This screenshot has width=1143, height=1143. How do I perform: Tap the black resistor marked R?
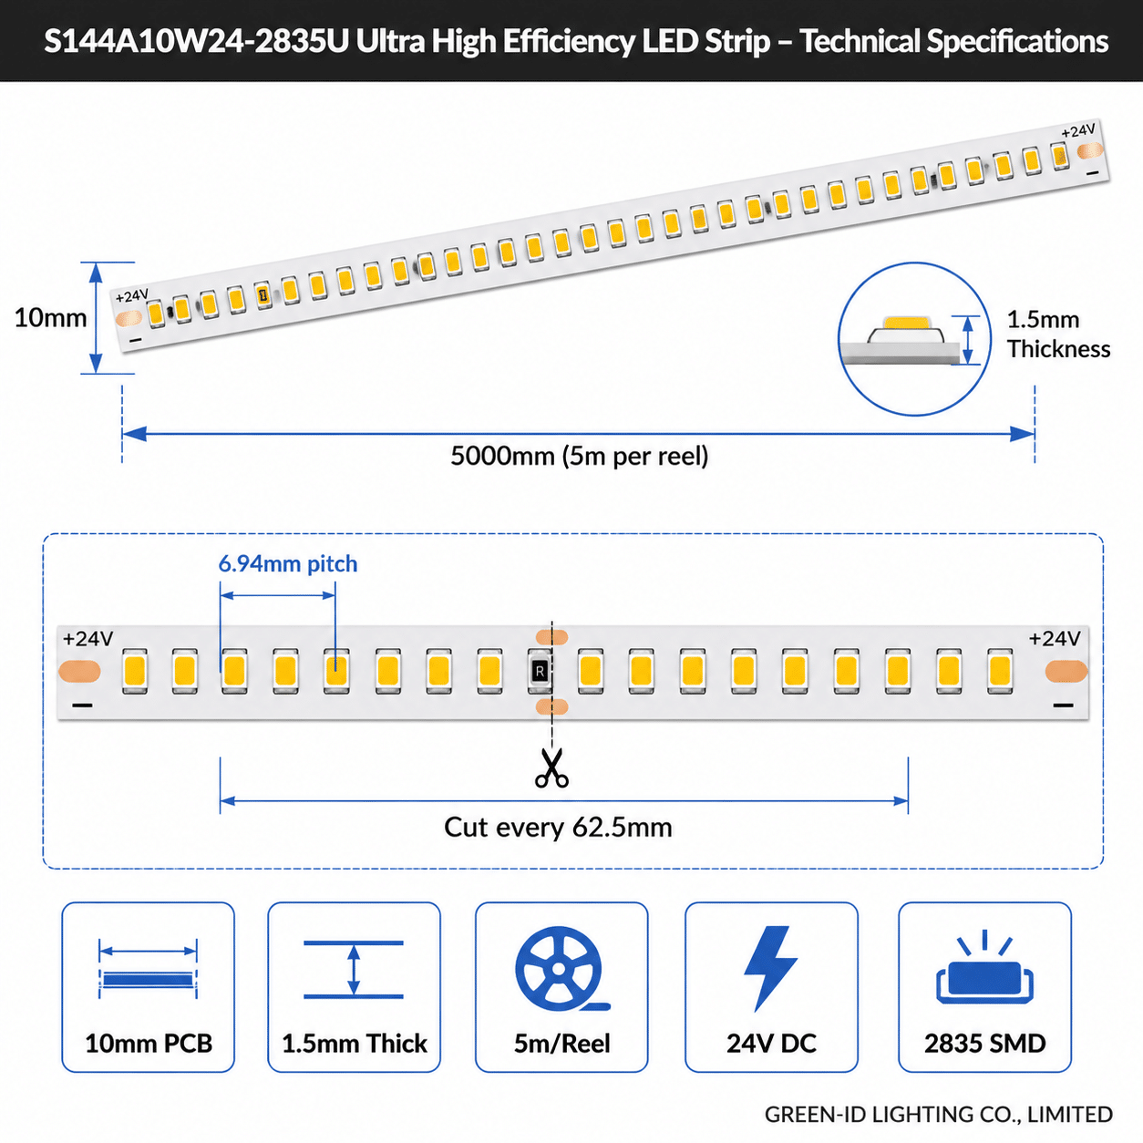pyautogui.click(x=540, y=672)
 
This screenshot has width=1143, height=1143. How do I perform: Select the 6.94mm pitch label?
pyautogui.click(x=288, y=563)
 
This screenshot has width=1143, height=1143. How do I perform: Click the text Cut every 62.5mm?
pyautogui.click(x=558, y=827)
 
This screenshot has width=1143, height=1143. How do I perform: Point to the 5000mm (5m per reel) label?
pyautogui.click(x=580, y=456)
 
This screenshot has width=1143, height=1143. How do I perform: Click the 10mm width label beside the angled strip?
pyautogui.click(x=50, y=318)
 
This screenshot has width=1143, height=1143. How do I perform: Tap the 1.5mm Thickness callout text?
pyautogui.click(x=1058, y=334)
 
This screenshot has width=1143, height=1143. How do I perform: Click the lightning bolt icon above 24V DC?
pyautogui.click(x=770, y=968)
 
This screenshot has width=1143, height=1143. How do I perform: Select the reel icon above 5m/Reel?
pyautogui.click(x=560, y=968)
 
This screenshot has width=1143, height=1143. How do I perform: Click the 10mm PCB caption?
pyautogui.click(x=149, y=1044)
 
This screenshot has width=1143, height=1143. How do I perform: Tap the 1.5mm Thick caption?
pyautogui.click(x=354, y=1044)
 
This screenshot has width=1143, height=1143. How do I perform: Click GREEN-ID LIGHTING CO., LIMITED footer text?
pyautogui.click(x=938, y=1115)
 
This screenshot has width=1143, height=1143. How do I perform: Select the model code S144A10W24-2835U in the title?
pyautogui.click(x=196, y=42)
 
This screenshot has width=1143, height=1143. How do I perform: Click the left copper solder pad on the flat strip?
pyautogui.click(x=79, y=671)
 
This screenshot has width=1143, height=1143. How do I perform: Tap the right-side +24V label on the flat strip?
pyautogui.click(x=1054, y=638)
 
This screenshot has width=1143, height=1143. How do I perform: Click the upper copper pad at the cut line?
pyautogui.click(x=551, y=637)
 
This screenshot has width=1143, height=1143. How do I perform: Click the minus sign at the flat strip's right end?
pyautogui.click(x=1063, y=705)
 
